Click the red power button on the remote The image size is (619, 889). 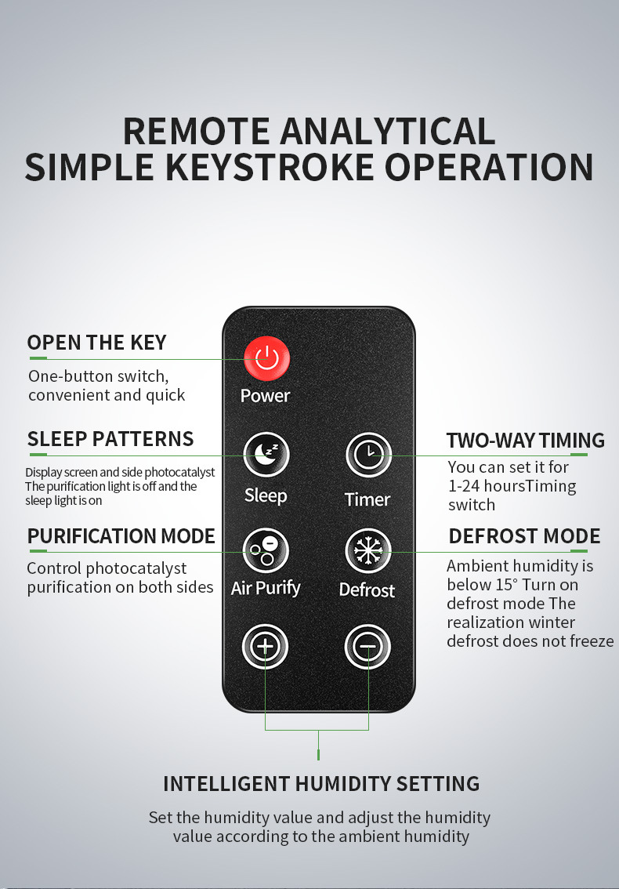coord(266,359)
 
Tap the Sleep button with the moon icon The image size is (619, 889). coord(266,454)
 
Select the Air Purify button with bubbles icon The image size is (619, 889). coord(266,550)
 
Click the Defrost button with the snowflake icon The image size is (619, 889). coord(368,551)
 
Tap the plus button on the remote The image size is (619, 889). coord(266,647)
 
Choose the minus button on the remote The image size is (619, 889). coord(368,647)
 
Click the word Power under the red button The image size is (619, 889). coord(265,396)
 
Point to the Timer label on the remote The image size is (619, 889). coord(367,499)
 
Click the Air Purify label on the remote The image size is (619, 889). coord(266,589)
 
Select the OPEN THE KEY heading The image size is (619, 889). coord(97,343)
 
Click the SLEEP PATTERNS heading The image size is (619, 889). coord(110,439)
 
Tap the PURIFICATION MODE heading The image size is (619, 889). coord(121,535)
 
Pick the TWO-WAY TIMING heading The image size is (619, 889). coord(526,441)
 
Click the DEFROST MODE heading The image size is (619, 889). coord(524,536)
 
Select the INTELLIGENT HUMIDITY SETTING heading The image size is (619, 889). coord(321,783)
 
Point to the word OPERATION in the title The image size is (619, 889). coord(489,167)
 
